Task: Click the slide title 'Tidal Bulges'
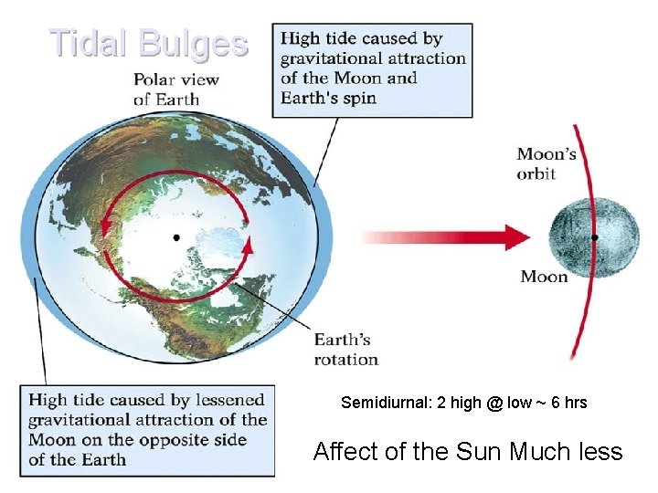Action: [x=148, y=43]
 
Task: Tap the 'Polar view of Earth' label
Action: [x=176, y=89]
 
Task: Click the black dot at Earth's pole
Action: [x=176, y=237]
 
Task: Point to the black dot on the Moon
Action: [x=595, y=237]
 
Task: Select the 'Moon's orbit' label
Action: [x=547, y=163]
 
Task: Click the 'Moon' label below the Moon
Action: [x=544, y=276]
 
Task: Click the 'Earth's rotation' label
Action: [x=345, y=350]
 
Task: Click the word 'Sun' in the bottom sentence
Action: [x=480, y=451]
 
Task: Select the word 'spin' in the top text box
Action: [x=356, y=98]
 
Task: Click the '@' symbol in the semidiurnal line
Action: [x=494, y=403]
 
